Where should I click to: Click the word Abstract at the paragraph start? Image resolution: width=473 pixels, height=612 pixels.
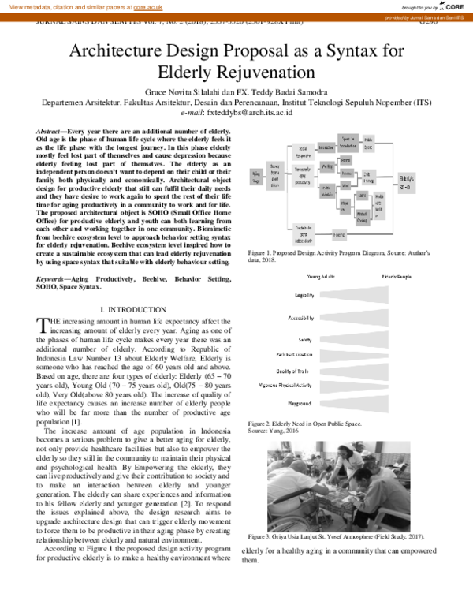(x=54, y=129)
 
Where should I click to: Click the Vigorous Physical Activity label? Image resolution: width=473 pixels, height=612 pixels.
(x=285, y=386)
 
